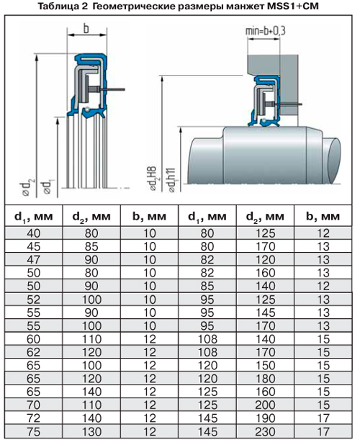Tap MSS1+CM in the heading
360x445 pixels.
293,6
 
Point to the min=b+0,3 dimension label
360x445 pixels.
265,31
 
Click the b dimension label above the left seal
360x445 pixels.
86,29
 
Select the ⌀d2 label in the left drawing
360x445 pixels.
27,188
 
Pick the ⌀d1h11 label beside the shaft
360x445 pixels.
171,181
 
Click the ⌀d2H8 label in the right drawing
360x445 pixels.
153,179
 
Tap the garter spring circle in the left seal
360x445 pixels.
88,109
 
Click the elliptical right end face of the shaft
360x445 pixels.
333,161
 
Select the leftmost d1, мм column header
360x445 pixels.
33,217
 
